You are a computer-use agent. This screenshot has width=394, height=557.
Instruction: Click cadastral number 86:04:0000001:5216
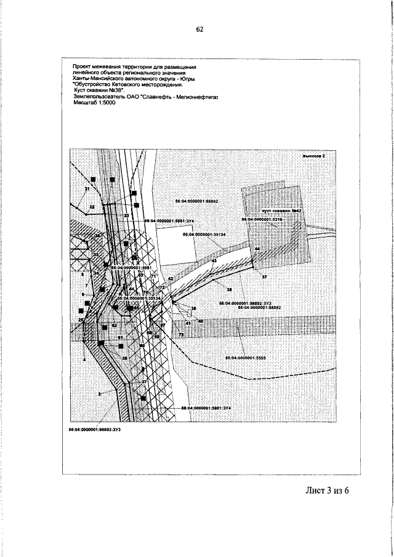[x=262, y=219]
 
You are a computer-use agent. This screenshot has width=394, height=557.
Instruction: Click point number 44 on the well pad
[x=257, y=249]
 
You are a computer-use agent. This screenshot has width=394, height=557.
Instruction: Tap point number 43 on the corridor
[x=214, y=262]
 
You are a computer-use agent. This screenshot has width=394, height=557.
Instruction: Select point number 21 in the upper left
[x=87, y=188]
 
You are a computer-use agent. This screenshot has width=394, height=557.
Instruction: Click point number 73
[x=181, y=334]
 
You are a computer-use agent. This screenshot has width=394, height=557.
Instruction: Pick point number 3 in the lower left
[x=98, y=393]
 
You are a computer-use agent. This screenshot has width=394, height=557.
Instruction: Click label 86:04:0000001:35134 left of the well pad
[x=204, y=234]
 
